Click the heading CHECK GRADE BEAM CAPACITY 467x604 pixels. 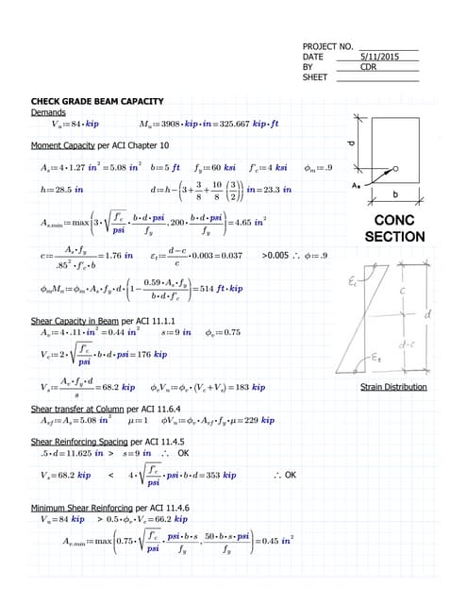[x=97, y=101]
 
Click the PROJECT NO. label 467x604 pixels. [x=327, y=46]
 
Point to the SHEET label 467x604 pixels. [x=314, y=77]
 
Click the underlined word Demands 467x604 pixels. [x=48, y=112]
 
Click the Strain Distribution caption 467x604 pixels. [x=393, y=387]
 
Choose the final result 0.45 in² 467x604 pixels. [x=275, y=542]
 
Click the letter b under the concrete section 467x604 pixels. [x=408, y=195]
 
